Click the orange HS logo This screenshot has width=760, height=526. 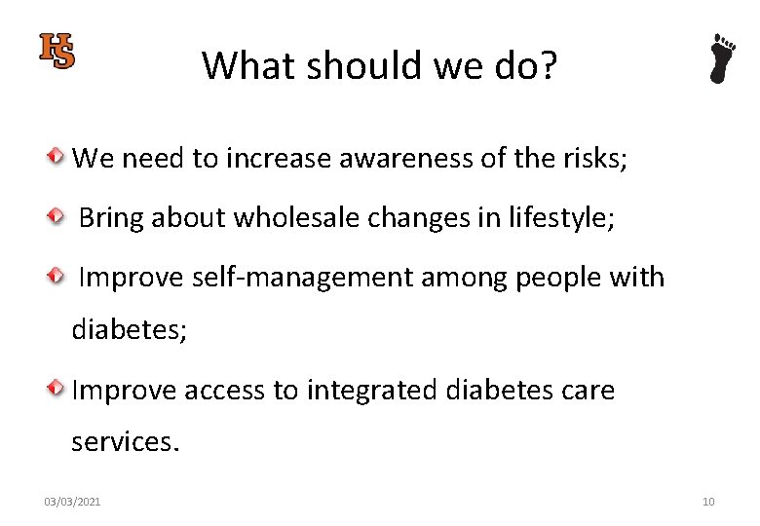(57, 51)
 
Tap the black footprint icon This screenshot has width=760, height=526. (722, 58)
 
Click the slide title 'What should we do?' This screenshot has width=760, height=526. (379, 65)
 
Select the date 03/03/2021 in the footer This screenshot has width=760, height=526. (72, 502)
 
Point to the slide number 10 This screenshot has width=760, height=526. (708, 502)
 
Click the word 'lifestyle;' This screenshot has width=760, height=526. (561, 218)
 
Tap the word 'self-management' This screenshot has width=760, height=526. (301, 279)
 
